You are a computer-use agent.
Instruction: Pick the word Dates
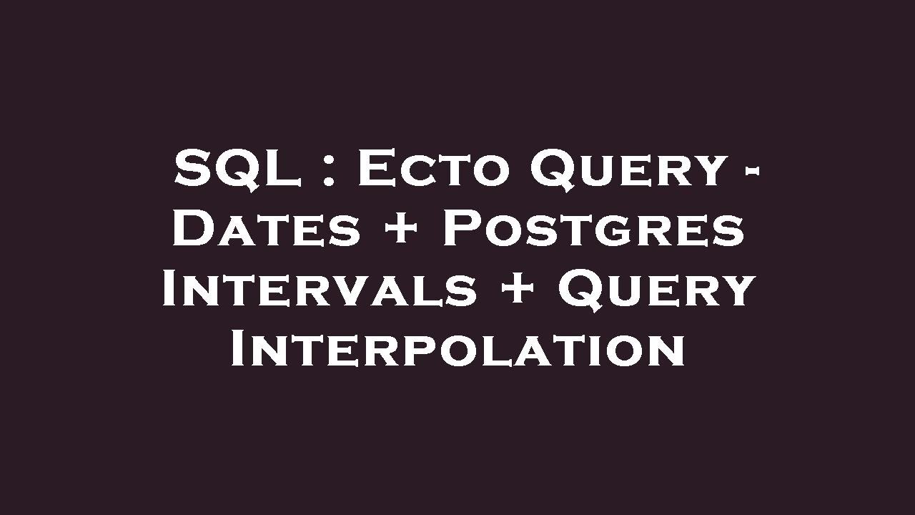point(267,230)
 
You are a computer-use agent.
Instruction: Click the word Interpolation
point(457,350)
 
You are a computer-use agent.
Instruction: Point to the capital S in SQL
point(192,170)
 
